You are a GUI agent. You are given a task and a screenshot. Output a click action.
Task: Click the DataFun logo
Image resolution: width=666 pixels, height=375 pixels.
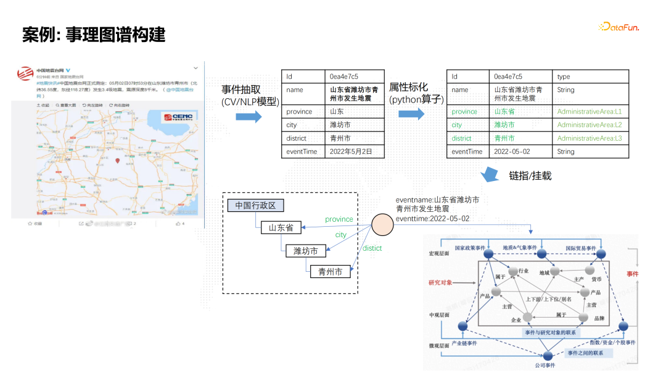[618, 27]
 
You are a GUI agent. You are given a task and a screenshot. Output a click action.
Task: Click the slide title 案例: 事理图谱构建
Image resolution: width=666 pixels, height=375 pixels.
[94, 35]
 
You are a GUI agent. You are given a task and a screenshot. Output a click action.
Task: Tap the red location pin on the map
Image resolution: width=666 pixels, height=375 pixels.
[118, 161]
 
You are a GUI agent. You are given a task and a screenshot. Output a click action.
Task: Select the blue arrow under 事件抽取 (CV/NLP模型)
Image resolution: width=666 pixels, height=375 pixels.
[250, 117]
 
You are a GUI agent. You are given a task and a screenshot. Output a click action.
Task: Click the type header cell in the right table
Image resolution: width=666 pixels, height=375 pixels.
[564, 77]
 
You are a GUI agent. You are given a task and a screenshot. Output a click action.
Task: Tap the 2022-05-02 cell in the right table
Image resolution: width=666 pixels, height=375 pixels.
[512, 151]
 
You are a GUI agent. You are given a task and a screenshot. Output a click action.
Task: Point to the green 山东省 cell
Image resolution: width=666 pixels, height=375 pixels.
[504, 112]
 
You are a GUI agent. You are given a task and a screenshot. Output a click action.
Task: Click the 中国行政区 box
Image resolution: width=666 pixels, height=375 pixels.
[255, 205]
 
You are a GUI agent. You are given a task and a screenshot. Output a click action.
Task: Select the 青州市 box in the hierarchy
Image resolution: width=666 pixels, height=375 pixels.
[330, 271]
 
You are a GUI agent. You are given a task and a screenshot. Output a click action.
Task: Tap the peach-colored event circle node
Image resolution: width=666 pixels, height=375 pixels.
[382, 225]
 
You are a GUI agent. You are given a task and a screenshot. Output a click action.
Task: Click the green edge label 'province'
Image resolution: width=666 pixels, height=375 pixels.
[339, 219]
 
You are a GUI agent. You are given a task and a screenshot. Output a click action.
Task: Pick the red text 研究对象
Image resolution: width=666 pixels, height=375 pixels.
[440, 283]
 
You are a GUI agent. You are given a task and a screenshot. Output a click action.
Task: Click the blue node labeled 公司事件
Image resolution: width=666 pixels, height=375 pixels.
[548, 355]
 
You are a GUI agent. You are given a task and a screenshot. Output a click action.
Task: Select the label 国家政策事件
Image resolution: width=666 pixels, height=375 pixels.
[472, 248]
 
